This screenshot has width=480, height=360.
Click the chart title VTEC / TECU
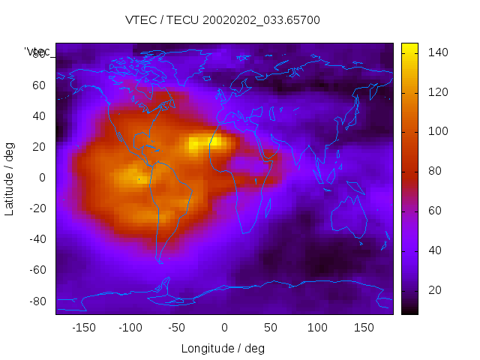(223, 20)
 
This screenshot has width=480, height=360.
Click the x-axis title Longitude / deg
(223, 348)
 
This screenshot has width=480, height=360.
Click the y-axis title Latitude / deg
(10, 177)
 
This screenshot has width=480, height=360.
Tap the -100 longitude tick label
(130, 328)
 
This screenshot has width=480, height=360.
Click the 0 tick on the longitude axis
(224, 328)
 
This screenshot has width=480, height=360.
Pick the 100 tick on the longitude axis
(317, 328)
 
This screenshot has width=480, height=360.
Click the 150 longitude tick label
(364, 328)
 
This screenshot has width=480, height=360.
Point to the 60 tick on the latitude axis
(37, 85)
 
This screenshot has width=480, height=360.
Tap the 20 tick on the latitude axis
(37, 146)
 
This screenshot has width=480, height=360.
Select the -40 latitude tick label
(34, 239)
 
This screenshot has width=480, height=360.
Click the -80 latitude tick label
(34, 301)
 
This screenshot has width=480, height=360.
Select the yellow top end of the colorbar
(409, 49)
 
